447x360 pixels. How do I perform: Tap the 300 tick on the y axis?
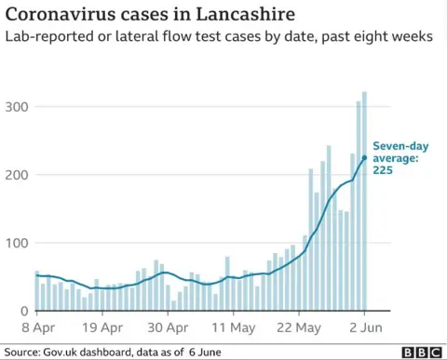tap(16, 107)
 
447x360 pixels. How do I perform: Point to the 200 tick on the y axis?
tap(16, 175)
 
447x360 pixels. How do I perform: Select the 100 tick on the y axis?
tap(16, 244)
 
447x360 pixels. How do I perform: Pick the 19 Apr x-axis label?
tap(103, 327)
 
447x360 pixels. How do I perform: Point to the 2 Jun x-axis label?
tap(362, 327)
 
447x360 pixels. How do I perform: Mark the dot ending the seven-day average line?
tap(364, 158)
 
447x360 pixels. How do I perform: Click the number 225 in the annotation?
tap(383, 171)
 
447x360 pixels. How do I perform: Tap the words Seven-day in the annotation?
tap(398, 145)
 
